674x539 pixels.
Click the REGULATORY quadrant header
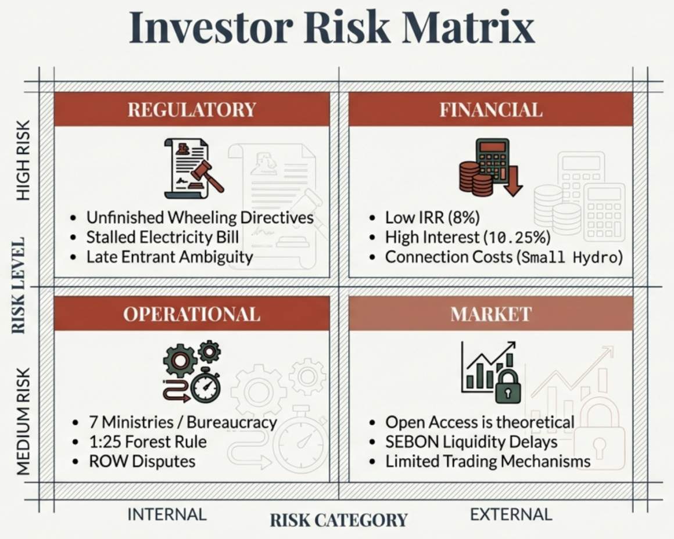[192, 109]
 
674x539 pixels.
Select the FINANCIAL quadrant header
[491, 109]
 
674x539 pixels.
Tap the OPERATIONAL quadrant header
[192, 314]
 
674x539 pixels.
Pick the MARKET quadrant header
[491, 314]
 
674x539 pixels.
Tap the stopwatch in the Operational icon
[206, 385]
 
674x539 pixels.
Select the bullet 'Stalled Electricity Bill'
[163, 237]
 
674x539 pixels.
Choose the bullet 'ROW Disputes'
[142, 461]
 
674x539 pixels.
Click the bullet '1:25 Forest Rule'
[148, 441]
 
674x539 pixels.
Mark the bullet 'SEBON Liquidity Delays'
[471, 442]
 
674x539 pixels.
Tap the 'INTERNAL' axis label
[167, 515]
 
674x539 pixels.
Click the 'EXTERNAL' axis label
[511, 515]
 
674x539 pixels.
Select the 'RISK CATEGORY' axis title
[339, 520]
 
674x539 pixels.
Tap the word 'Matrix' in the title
[468, 27]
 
